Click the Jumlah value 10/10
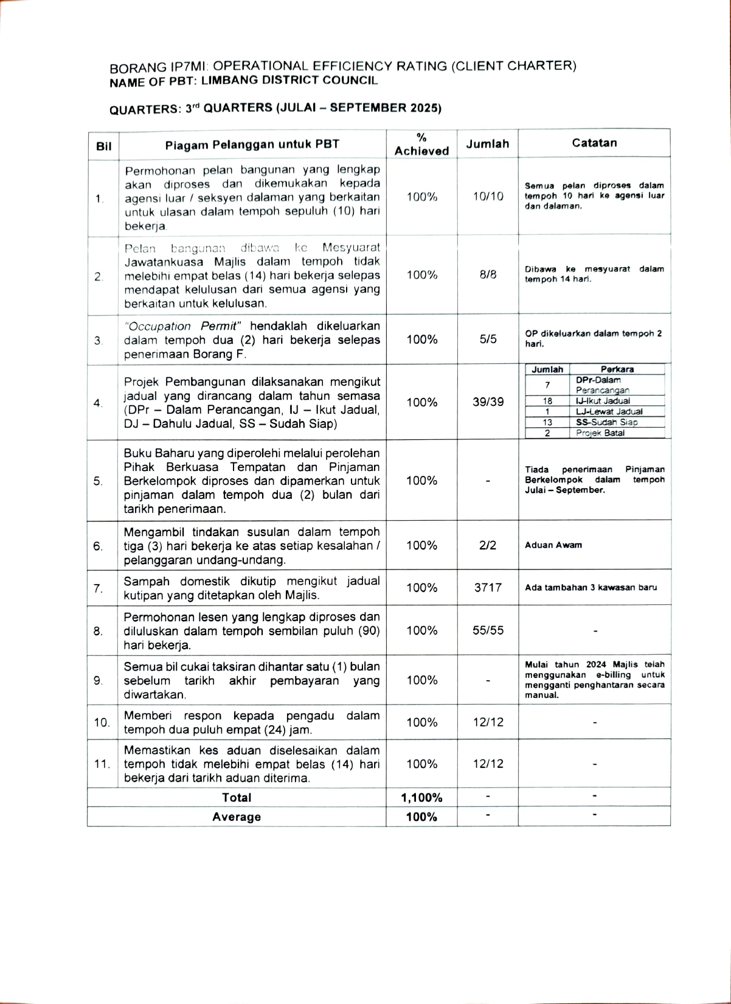tap(488, 197)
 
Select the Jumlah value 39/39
tap(488, 402)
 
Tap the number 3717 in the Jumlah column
tap(488, 587)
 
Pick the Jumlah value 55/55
tap(488, 630)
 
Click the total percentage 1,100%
tap(421, 798)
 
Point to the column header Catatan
tap(594, 143)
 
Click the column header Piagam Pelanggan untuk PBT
tap(252, 144)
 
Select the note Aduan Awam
tap(553, 545)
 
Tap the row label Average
tap(237, 817)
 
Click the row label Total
tap(237, 798)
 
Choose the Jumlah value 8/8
tap(488, 274)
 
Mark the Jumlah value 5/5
tap(488, 340)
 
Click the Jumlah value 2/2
tap(488, 545)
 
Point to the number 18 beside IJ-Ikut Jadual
tap(547, 401)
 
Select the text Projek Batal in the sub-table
tap(600, 433)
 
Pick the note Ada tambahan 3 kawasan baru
tap(591, 588)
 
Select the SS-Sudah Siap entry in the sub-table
tap(606, 422)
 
